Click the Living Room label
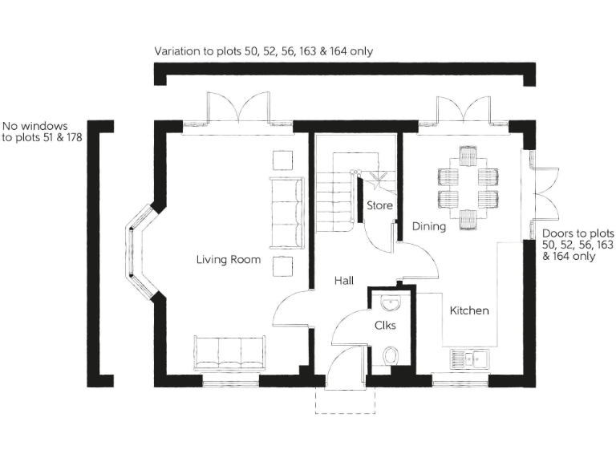tap(229, 260)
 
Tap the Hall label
tap(344, 280)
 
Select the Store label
tap(379, 206)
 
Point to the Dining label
tap(429, 227)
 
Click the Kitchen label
tap(469, 310)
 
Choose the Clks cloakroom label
tap(384, 326)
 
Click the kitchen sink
tap(470, 359)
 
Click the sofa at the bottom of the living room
tap(229, 354)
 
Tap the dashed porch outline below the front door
tap(346, 401)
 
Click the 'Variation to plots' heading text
tap(263, 51)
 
